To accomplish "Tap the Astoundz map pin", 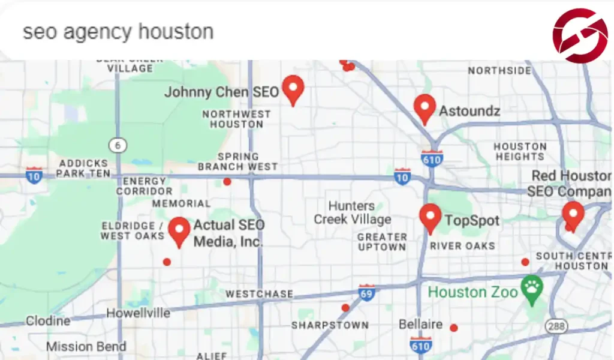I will tap(425, 109).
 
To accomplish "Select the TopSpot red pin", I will tap(430, 218).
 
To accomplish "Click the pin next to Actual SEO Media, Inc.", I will tap(179, 232).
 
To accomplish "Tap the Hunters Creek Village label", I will tap(352, 213).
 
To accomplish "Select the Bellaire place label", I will tap(420, 325).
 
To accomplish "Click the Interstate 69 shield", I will tap(366, 293).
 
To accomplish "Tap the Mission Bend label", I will tap(86, 347).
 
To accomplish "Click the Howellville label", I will tap(138, 313).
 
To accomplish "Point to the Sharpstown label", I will tap(330, 325).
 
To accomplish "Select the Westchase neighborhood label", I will tap(259, 294).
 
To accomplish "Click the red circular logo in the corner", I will tap(580, 35).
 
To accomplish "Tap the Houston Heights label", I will tap(520, 151).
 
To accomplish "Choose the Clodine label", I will tap(47, 322).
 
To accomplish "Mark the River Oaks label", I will tap(462, 245).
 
